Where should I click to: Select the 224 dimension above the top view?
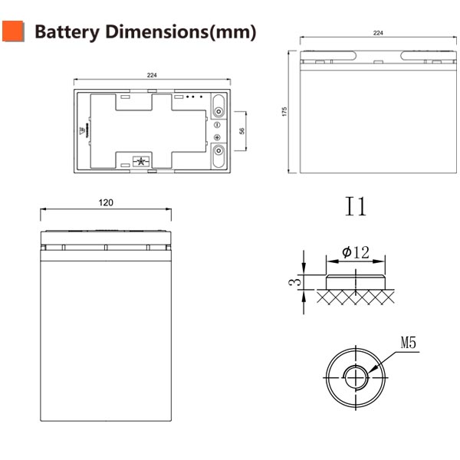(152, 75)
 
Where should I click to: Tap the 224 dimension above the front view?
(377, 33)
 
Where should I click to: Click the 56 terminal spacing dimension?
(242, 131)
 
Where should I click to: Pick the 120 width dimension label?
(106, 202)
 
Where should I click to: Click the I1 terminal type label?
(356, 207)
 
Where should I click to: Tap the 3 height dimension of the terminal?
(292, 282)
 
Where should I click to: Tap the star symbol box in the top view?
(140, 161)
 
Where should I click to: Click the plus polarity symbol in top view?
(217, 136)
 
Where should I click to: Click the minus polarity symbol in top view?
(217, 124)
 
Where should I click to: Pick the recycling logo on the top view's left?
(81, 128)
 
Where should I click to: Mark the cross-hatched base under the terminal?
(355, 295)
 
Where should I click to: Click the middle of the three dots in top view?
(192, 97)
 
